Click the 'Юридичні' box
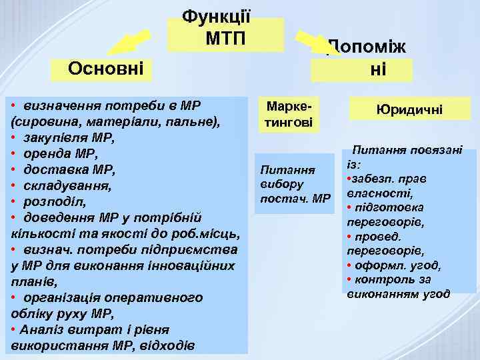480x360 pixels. tap(409, 110)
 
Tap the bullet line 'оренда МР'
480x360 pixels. tap(60, 155)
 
